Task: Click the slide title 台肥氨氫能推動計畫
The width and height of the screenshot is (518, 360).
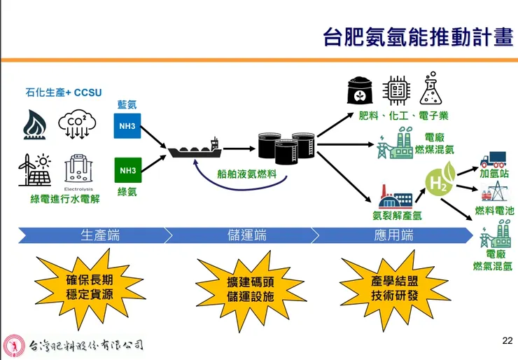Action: point(418,36)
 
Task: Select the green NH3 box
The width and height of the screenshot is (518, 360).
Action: point(127,170)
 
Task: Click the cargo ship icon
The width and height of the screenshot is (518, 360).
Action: point(195,148)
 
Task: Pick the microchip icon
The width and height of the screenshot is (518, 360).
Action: point(396,91)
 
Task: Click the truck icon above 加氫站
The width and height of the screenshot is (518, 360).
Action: point(493,159)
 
